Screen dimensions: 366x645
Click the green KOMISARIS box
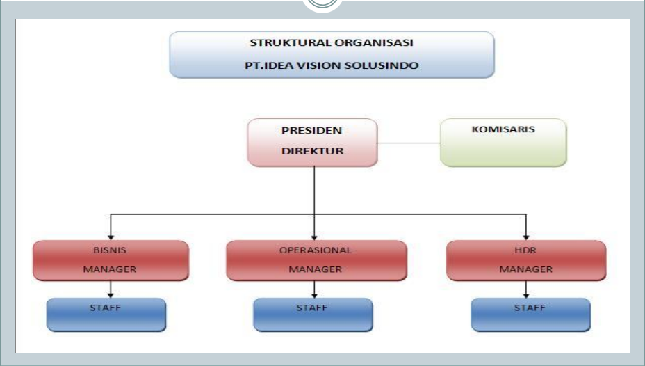(x=503, y=142)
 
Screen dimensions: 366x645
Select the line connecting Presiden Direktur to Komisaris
(x=409, y=143)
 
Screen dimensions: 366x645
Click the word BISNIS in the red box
(x=110, y=250)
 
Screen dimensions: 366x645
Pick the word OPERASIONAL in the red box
(x=316, y=250)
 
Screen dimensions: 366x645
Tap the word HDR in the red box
(x=525, y=250)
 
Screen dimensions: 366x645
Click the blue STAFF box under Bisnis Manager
(x=106, y=315)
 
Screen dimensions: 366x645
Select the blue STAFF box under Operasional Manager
(x=312, y=315)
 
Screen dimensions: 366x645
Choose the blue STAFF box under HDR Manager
(x=530, y=315)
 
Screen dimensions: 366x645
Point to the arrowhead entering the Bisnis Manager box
(x=111, y=237)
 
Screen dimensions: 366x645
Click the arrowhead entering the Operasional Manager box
(x=315, y=237)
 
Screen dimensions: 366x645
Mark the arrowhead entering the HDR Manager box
(x=526, y=237)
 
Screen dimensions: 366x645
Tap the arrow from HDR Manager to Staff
(x=525, y=290)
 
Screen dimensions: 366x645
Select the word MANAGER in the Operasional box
(x=316, y=269)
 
